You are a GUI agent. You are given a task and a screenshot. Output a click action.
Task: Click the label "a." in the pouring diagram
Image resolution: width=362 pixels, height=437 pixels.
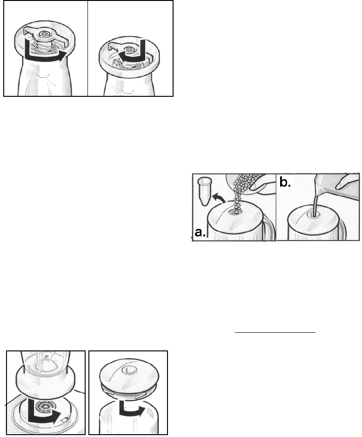click(x=200, y=232)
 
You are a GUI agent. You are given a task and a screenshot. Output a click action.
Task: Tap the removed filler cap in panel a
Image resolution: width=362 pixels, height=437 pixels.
click(x=204, y=192)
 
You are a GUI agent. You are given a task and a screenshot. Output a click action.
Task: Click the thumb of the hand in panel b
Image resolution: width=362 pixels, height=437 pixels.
click(x=345, y=184)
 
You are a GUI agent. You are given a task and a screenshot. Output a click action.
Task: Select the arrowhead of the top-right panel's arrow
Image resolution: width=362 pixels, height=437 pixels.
click(x=121, y=54)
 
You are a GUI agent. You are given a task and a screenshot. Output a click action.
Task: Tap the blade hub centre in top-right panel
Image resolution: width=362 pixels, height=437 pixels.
click(x=129, y=50)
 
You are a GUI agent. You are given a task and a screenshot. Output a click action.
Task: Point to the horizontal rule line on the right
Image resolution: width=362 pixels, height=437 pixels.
click(x=275, y=332)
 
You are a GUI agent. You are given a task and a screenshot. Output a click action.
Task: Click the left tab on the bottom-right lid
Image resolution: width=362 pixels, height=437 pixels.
click(x=108, y=392)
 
